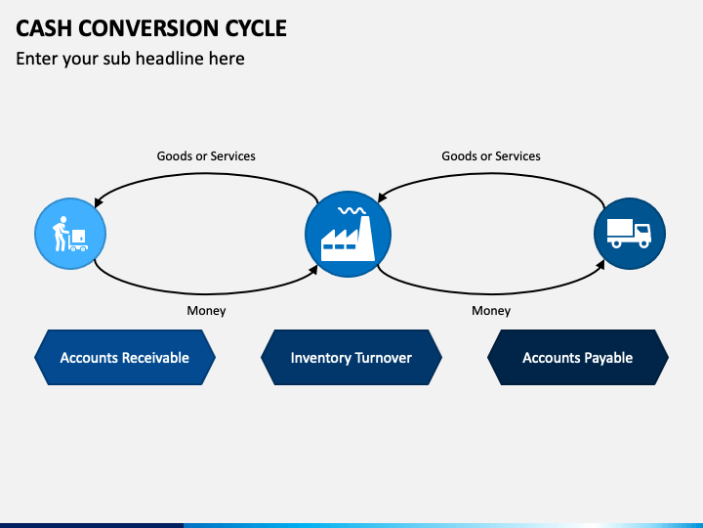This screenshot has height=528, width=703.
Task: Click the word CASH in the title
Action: [44, 28]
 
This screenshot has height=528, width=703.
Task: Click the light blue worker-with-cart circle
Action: [70, 234]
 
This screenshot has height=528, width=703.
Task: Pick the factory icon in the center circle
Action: [348, 235]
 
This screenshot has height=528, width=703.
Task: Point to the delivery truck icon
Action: [629, 233]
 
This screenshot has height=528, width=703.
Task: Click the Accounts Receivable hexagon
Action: [125, 358]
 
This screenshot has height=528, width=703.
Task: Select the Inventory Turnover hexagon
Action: [351, 358]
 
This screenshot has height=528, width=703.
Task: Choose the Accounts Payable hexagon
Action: [577, 358]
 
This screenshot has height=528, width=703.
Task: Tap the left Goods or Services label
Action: [206, 155]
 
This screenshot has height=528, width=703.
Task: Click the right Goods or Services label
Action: [491, 155]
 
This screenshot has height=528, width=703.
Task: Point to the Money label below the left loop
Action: [206, 310]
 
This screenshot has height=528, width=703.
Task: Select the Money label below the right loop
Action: [491, 310]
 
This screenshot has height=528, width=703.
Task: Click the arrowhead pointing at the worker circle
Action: [99, 202]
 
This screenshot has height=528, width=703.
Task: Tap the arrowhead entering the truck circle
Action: [600, 264]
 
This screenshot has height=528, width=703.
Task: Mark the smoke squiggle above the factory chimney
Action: [351, 210]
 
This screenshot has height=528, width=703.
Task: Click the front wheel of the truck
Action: [644, 243]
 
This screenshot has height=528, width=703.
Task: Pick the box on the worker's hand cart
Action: [78, 236]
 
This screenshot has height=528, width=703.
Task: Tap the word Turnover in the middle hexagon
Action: [383, 358]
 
